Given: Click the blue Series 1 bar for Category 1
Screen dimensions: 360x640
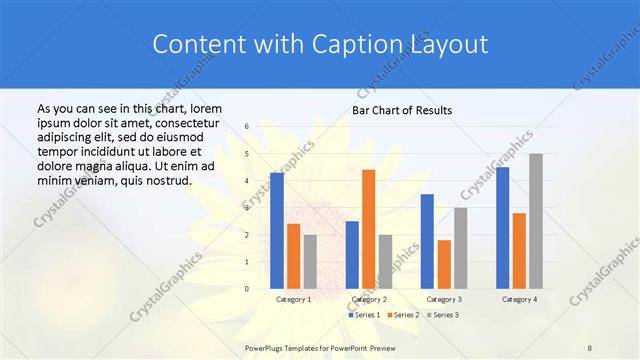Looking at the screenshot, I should tap(277, 231).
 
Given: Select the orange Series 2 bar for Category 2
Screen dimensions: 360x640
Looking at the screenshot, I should tap(369, 229).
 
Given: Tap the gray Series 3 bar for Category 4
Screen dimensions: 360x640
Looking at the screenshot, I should tap(536, 221).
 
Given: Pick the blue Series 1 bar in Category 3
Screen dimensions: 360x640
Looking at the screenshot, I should tap(427, 241).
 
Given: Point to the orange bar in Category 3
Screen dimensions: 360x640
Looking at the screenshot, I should tap(444, 264).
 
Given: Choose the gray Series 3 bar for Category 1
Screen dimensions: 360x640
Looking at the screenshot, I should tap(310, 262).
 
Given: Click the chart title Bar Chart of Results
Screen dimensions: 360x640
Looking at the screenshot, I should tap(402, 110).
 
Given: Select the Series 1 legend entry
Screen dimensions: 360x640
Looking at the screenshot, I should tap(365, 315).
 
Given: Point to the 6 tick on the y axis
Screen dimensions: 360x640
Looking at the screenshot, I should tap(246, 127).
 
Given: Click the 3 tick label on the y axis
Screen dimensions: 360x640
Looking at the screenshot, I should tap(246, 208).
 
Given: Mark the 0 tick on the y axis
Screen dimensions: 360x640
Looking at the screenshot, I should tap(246, 289).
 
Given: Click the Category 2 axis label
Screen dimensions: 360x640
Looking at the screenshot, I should tap(369, 299).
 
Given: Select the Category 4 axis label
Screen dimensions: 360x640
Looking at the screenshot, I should tap(519, 299).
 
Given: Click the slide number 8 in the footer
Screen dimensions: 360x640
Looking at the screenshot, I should tap(591, 346).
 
